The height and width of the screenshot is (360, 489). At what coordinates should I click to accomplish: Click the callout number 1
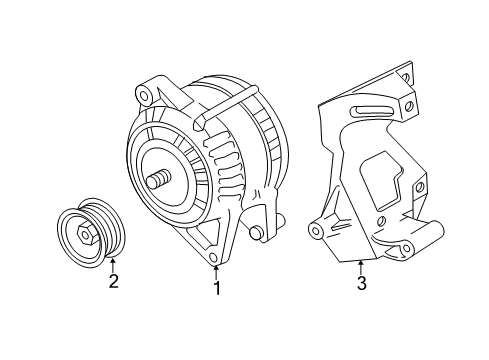coord(215,289)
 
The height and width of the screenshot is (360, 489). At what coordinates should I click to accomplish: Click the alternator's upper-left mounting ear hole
coord(146,96)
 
